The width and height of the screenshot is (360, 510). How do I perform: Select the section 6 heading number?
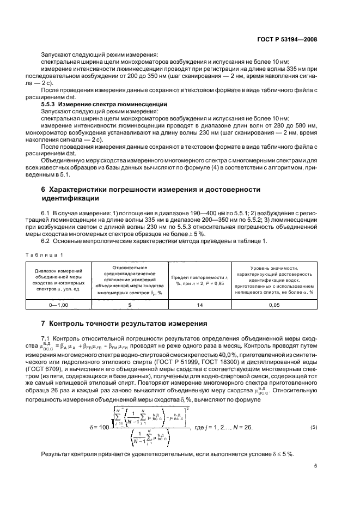coord(43,189)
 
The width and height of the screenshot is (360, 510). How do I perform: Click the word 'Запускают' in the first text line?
coord(55,54)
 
